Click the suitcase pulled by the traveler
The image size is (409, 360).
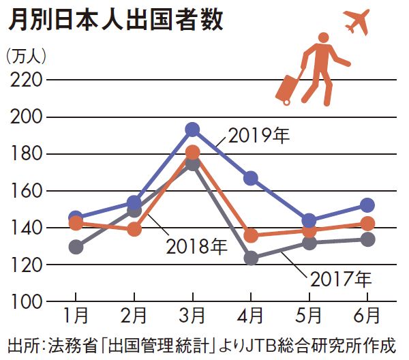pos(288,87)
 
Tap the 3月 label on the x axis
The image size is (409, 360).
pos(192,317)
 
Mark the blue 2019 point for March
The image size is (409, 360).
pos(192,130)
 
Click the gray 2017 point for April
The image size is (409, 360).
pos(251,258)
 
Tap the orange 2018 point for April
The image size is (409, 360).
pos(251,236)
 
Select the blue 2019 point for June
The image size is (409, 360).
pos(367,205)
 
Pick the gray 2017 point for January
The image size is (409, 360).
pos(76,247)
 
